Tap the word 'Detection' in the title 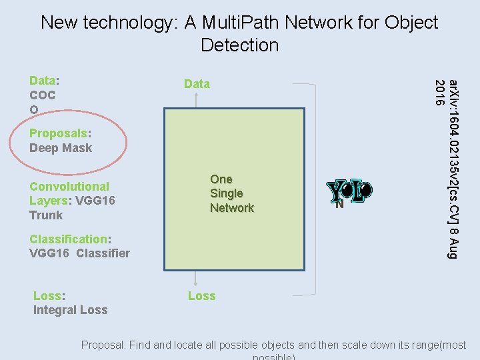[x=239, y=45]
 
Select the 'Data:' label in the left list [x=44, y=81]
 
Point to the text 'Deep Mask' [x=61, y=148]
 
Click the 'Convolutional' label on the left [x=69, y=187]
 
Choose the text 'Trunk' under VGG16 [x=46, y=215]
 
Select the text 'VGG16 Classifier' [x=79, y=253]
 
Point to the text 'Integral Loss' [x=70, y=310]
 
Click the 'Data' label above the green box [x=197, y=84]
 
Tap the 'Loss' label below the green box [x=201, y=296]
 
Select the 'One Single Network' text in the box [x=231, y=193]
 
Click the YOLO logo [x=349, y=191]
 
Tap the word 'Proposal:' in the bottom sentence [x=103, y=345]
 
